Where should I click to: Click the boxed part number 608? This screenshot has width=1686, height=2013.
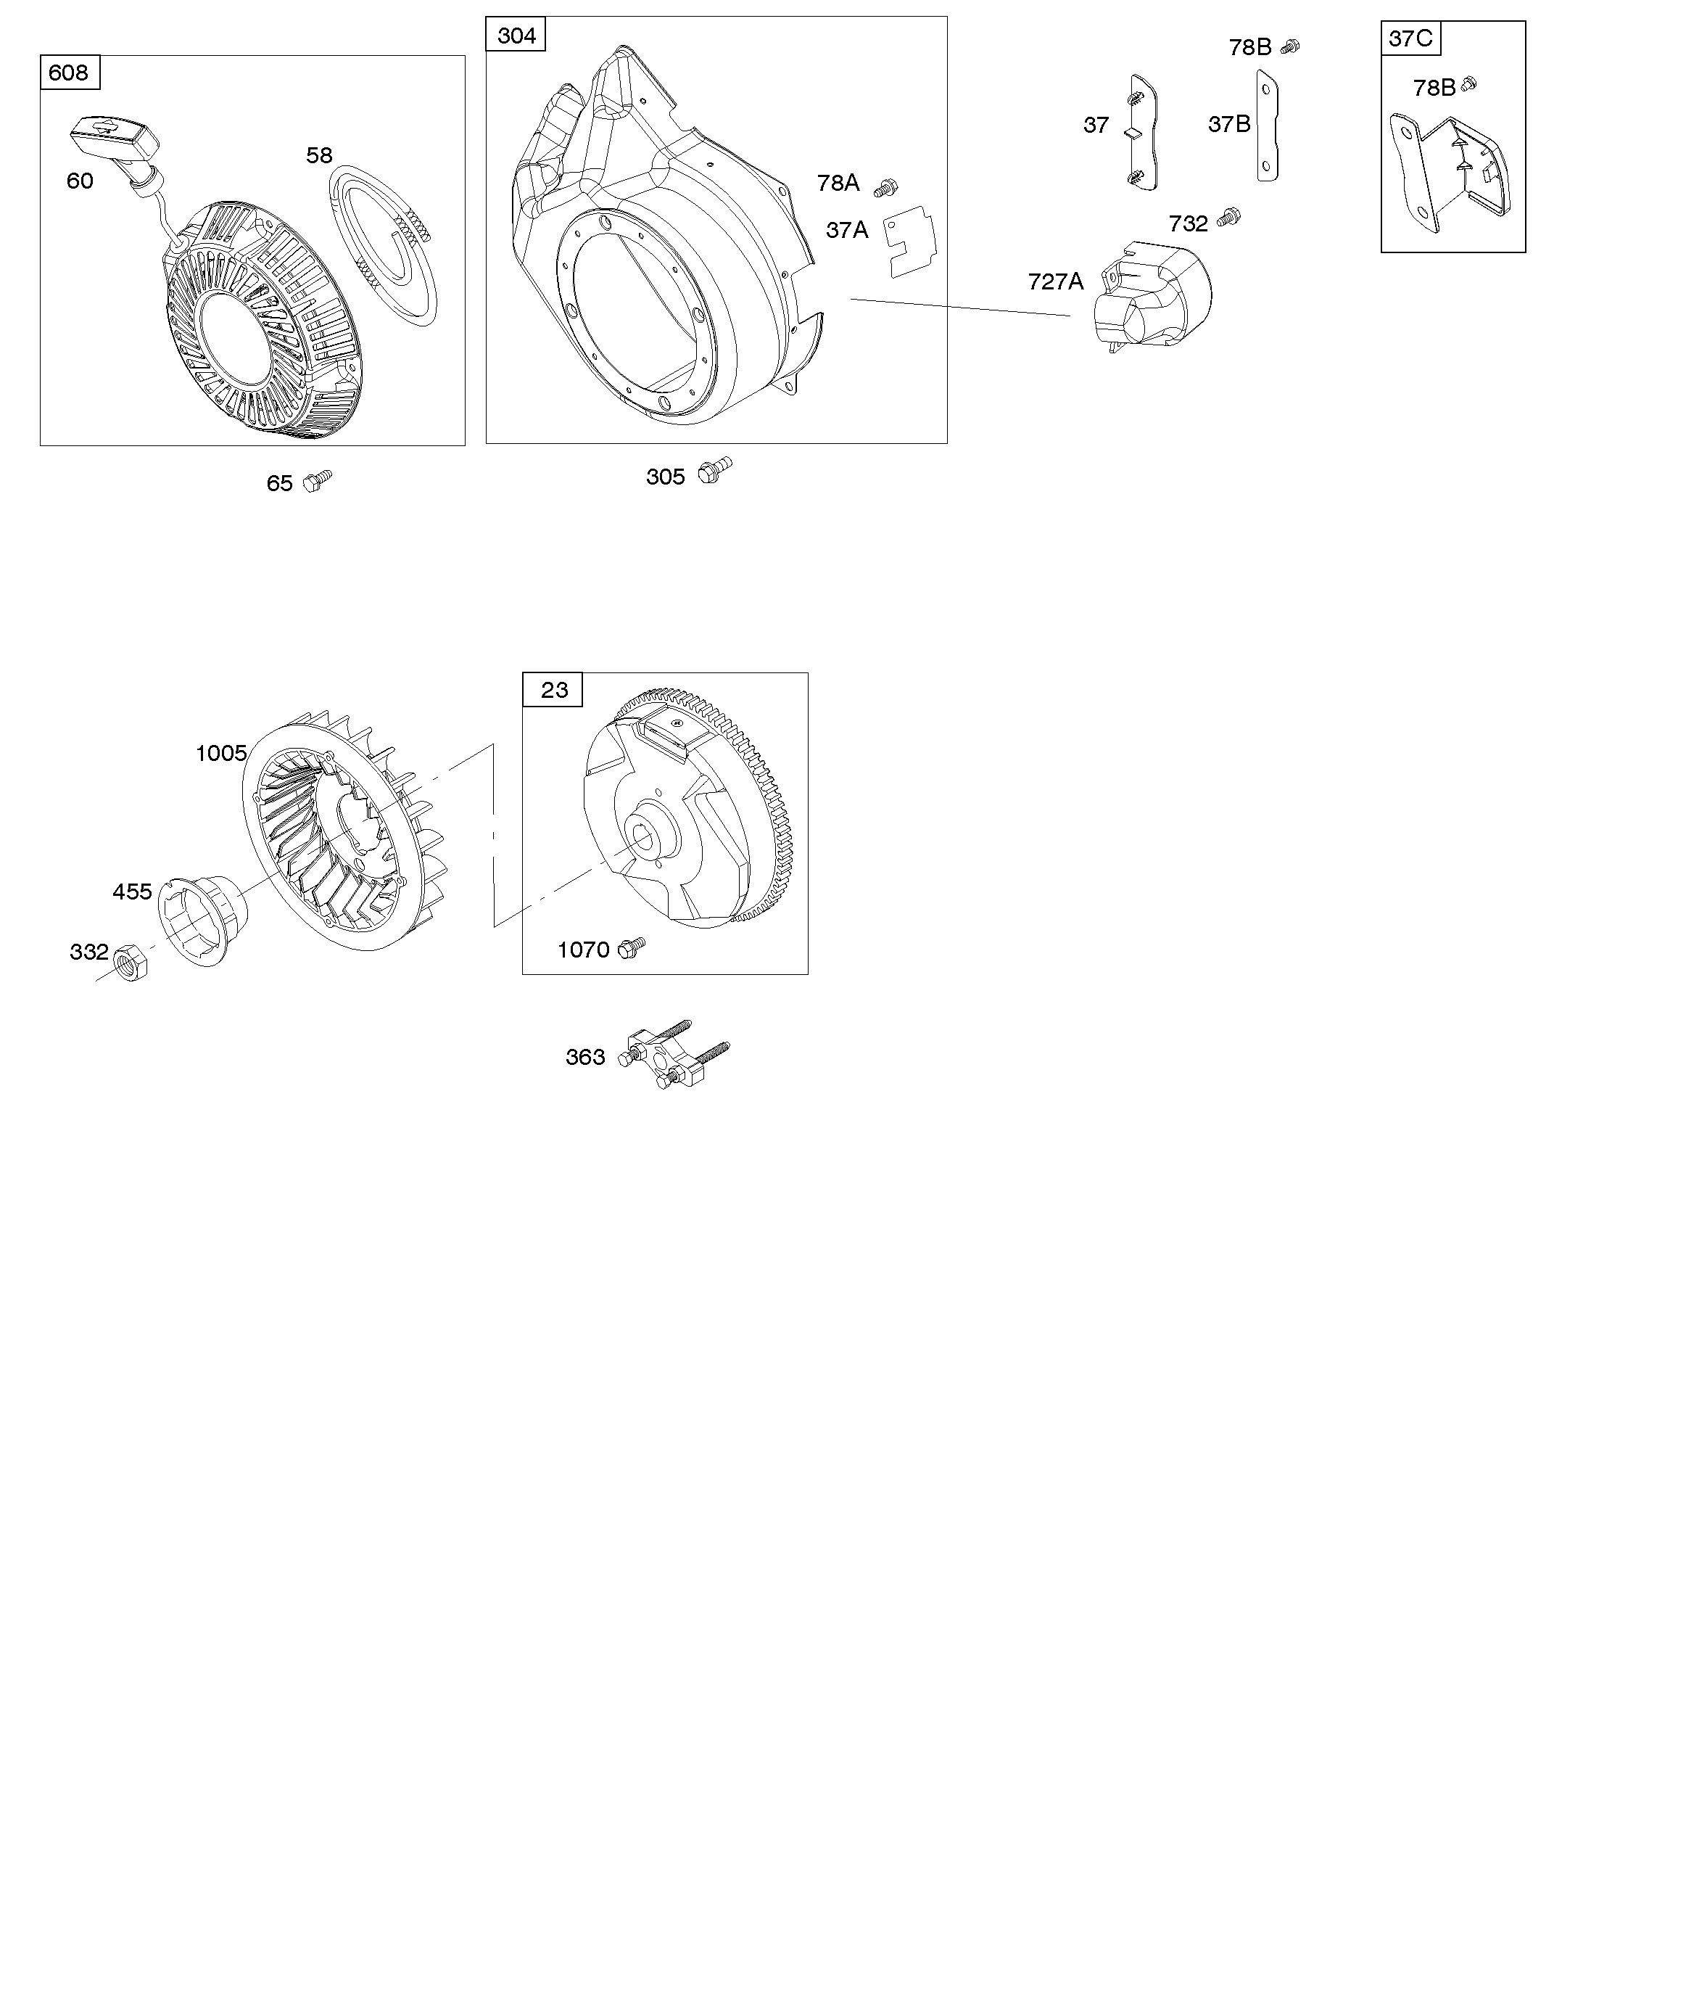[69, 73]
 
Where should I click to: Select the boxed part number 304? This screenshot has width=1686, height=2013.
[516, 36]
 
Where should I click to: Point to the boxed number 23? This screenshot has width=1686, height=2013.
[553, 690]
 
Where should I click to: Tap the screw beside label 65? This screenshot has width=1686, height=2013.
[318, 480]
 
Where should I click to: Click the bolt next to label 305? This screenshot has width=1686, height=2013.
[714, 471]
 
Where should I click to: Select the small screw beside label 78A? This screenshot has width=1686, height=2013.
[887, 187]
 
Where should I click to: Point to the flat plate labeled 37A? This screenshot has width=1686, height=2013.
[909, 244]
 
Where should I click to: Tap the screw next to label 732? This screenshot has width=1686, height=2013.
[1228, 218]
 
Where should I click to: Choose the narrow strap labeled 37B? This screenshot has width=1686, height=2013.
[1267, 126]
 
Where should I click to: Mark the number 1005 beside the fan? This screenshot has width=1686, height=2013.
[221, 754]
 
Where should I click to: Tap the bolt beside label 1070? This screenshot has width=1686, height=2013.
[632, 947]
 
